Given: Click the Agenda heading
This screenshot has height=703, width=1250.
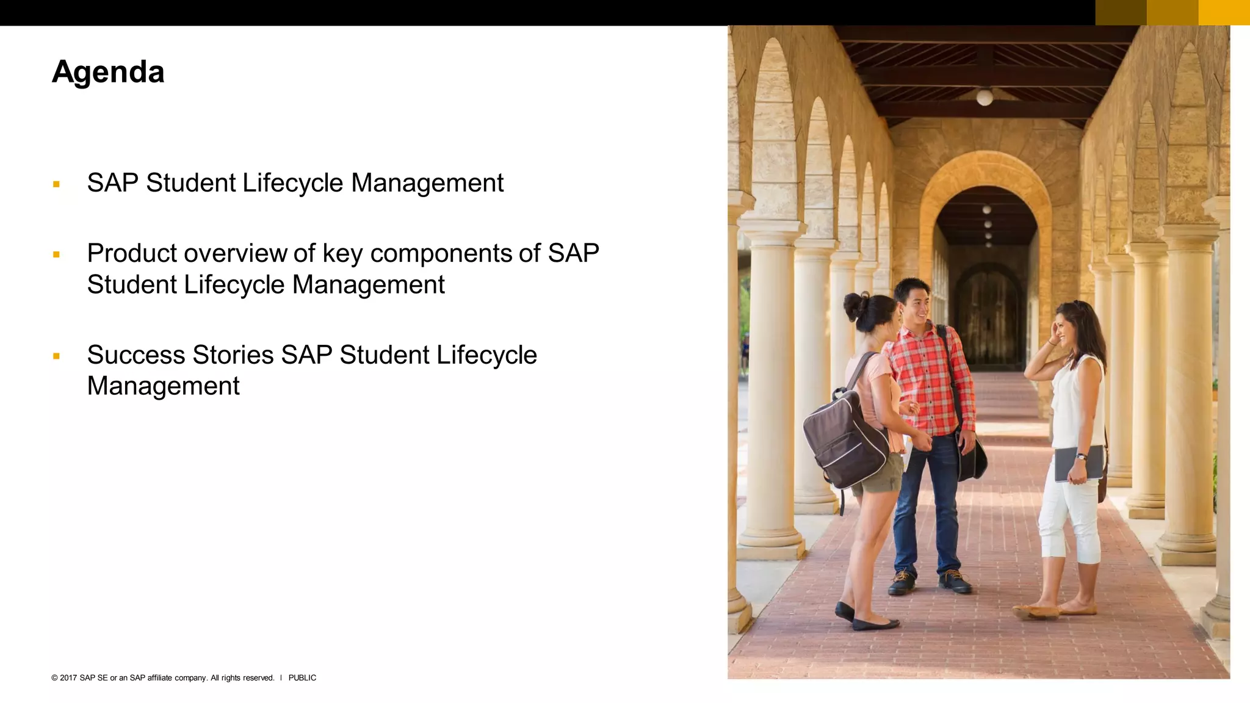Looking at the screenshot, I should click(108, 72).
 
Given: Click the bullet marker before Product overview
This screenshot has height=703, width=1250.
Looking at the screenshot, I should click(56, 254).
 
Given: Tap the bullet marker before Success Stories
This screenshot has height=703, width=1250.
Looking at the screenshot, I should click(56, 356).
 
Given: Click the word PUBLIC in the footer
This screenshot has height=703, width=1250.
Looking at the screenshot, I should click(302, 678).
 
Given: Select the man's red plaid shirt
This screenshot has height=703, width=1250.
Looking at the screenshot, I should click(928, 378).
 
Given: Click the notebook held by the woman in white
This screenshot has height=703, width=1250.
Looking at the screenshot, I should click(1078, 463).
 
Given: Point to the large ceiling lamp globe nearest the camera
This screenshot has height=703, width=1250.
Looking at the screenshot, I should click(984, 97).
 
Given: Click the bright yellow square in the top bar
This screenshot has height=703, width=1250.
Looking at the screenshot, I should click(1224, 12).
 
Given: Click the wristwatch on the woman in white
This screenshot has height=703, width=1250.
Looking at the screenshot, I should click(1081, 456).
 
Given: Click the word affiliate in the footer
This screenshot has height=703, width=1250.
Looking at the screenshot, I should click(160, 678).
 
